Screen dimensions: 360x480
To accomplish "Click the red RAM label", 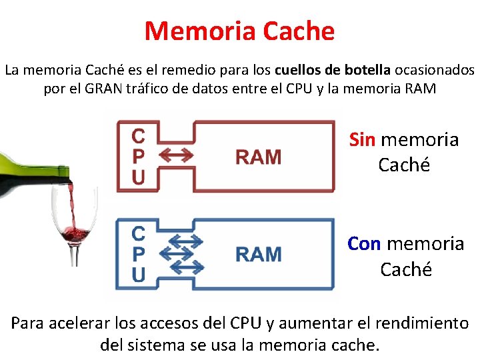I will (259, 157).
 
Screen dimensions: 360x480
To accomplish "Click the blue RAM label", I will (259, 254).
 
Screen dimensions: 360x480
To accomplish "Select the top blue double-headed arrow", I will (185, 239).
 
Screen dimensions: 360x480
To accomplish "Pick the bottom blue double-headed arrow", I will (185, 268).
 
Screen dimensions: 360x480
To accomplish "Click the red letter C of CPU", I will (138, 137).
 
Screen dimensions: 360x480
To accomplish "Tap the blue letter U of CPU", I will (138, 274).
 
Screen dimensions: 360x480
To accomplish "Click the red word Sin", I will (362, 140).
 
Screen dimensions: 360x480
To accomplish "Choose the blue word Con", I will (364, 244).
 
